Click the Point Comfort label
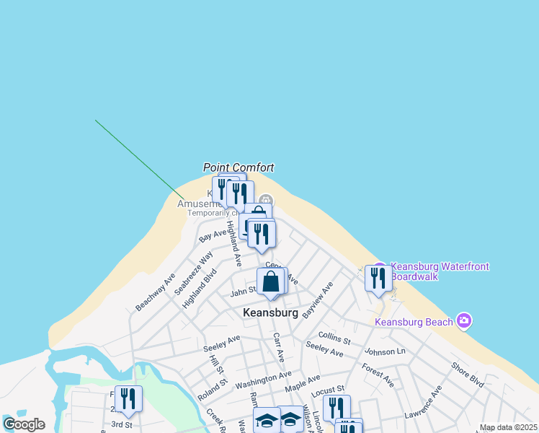(x=239, y=167)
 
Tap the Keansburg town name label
(x=270, y=313)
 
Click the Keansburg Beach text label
(x=414, y=322)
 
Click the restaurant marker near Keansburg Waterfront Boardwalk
(x=378, y=278)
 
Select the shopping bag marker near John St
(x=271, y=281)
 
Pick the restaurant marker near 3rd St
(x=128, y=398)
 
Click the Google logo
(x=24, y=424)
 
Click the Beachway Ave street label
(x=156, y=292)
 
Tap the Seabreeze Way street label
(x=194, y=273)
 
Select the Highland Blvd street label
(x=200, y=288)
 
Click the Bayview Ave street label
(x=317, y=299)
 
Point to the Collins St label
(x=334, y=339)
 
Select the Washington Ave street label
(x=263, y=377)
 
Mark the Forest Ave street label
(x=378, y=376)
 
